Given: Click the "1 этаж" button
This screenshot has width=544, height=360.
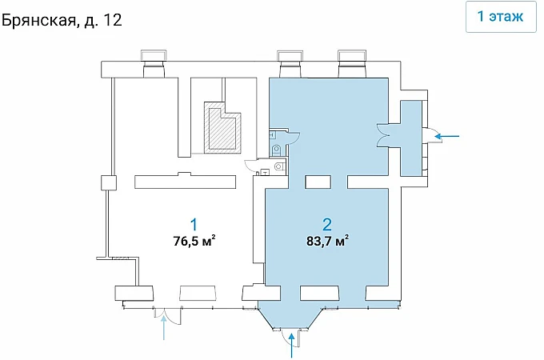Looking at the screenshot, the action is (x=501, y=17).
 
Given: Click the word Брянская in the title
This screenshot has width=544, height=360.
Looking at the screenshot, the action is (x=38, y=21).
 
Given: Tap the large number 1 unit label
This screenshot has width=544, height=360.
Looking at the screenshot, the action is (x=194, y=224).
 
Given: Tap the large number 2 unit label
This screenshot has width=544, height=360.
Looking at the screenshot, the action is (x=327, y=224).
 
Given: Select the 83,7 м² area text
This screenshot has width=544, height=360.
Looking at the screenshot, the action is (x=327, y=240).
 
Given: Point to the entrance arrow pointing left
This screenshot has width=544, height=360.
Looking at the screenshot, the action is (x=447, y=136).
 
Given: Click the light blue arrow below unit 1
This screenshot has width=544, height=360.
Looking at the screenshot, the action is (x=163, y=329).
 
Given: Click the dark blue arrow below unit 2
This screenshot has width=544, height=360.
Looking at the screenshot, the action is (x=292, y=345).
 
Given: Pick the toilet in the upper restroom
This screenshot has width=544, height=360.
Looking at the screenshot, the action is (x=277, y=150).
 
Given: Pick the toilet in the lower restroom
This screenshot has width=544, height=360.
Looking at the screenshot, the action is (x=278, y=167).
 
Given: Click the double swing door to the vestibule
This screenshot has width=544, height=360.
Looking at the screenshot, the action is (x=383, y=135).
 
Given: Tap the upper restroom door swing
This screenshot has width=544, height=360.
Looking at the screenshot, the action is (x=293, y=138).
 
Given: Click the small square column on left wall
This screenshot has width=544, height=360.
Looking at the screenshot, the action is (x=108, y=182).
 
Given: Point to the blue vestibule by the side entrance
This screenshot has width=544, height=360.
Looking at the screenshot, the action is (x=411, y=138).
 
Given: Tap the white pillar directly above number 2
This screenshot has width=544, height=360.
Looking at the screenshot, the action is (x=318, y=182).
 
